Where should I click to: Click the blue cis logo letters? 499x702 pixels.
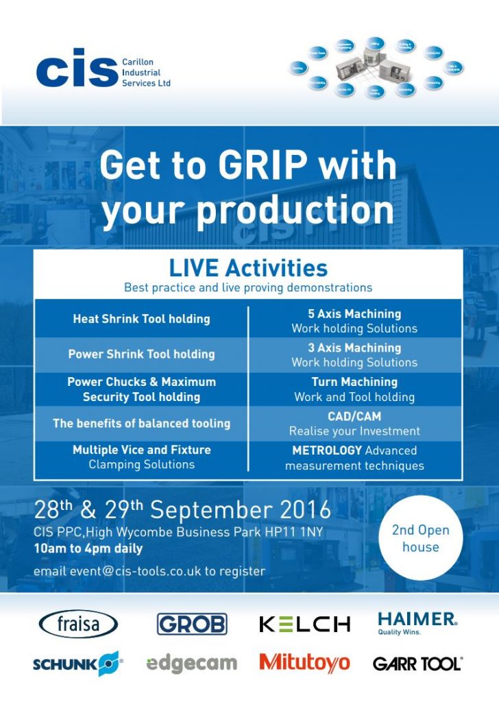[x=77, y=68]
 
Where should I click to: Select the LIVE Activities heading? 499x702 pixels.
[x=248, y=267]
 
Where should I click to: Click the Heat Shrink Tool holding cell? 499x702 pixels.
[x=141, y=319]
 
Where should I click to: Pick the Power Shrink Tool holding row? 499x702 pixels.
[x=141, y=354]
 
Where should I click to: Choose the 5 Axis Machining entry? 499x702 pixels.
[x=354, y=314]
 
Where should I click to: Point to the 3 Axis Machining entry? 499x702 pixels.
[x=354, y=348]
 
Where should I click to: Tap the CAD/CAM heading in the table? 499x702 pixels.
[x=354, y=416]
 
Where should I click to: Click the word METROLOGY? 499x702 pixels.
[x=327, y=450]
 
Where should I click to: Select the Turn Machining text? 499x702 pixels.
[x=354, y=382]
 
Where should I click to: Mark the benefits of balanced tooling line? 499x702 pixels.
[x=141, y=424]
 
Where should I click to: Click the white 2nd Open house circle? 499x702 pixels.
[x=420, y=538]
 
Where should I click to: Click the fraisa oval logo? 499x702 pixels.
[x=79, y=624]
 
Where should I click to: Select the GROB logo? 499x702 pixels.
[x=192, y=624]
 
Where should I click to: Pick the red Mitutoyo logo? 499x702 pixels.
[x=304, y=663]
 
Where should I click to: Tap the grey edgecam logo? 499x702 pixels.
[x=191, y=664]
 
